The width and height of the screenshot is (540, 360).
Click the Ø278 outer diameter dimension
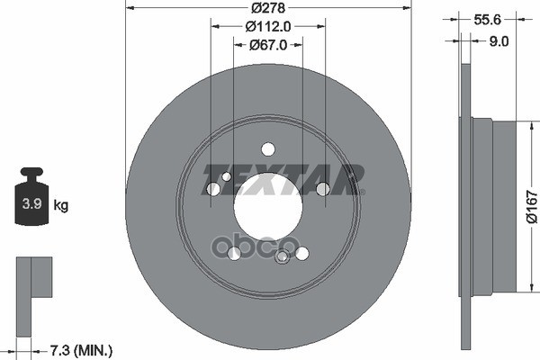(268, 7)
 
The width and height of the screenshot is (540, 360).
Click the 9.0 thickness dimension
(499, 40)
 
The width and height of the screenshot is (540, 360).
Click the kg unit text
(62, 206)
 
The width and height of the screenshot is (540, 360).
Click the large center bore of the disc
(268, 206)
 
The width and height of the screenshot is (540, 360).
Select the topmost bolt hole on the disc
(267, 149)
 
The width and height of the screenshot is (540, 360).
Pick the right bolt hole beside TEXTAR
(322, 188)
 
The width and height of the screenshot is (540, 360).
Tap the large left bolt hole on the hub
(213, 189)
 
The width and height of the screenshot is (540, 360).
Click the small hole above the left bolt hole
(226, 175)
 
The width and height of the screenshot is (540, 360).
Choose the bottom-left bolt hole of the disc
(235, 254)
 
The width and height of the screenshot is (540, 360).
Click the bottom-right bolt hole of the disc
(301, 254)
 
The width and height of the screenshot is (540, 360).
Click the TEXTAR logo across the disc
(283, 177)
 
